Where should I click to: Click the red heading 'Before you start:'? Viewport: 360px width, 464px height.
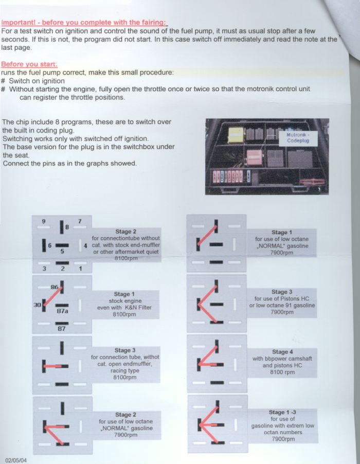tap(29, 64)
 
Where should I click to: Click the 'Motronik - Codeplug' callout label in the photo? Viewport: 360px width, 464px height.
tap(298, 138)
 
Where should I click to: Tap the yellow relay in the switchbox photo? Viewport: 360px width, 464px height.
tap(236, 135)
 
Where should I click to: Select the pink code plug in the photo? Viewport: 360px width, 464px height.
tap(255, 157)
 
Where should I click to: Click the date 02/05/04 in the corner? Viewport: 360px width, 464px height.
tap(16, 460)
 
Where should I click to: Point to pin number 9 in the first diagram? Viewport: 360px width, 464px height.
tap(44, 221)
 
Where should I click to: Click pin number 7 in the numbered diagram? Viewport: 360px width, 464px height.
tap(80, 221)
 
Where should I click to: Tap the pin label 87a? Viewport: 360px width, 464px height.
tap(62, 311)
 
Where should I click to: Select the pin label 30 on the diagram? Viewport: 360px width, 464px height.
tap(37, 305)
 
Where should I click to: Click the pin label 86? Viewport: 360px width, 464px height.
tap(55, 287)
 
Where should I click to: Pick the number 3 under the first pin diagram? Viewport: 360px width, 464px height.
tap(44, 269)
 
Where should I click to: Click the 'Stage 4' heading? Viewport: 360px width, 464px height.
tap(282, 352)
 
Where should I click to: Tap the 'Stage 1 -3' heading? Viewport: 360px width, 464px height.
tap(282, 412)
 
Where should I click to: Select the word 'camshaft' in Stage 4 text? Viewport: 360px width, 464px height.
tap(299, 359)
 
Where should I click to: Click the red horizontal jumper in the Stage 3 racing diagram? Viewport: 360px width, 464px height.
tap(54, 366)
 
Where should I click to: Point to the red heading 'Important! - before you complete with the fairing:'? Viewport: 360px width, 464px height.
tap(84, 23)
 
